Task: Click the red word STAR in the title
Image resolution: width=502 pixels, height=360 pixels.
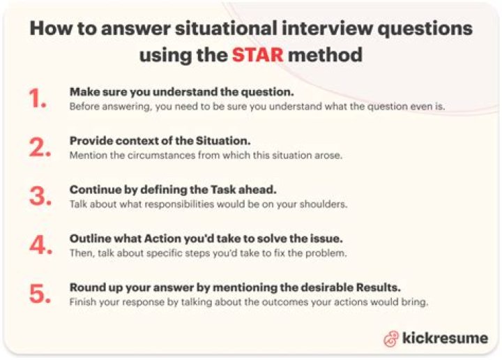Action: pyautogui.click(x=258, y=54)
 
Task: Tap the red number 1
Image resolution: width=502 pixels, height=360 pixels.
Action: pyautogui.click(x=38, y=100)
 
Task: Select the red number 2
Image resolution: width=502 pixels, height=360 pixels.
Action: pyautogui.click(x=39, y=147)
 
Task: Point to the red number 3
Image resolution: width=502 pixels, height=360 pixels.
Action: pyautogui.click(x=39, y=196)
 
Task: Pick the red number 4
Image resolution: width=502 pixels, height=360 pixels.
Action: pyautogui.click(x=39, y=244)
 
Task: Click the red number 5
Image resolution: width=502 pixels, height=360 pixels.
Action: pyautogui.click(x=39, y=294)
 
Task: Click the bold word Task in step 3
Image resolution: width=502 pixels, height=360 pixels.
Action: pyautogui.click(x=209, y=189)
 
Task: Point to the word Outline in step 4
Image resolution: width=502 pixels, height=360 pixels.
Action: pyautogui.click(x=88, y=238)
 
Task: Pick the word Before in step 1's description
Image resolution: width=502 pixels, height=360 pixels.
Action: pyautogui.click(x=84, y=107)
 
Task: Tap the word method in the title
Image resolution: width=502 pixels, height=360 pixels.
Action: pyautogui.click(x=325, y=54)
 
